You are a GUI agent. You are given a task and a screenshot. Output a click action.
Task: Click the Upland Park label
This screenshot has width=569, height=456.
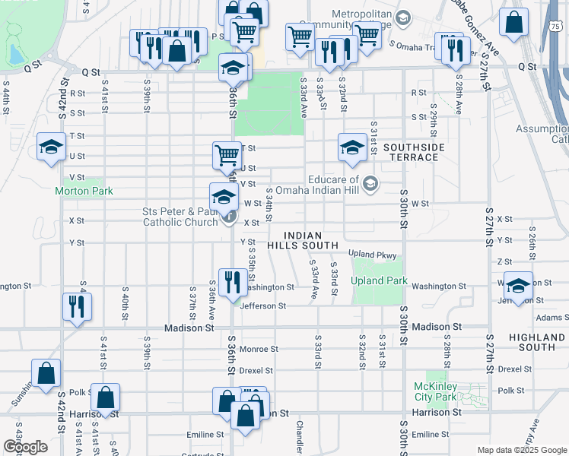pyautogui.click(x=379, y=280)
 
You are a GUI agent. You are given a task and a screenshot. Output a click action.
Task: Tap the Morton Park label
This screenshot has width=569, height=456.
pyautogui.click(x=84, y=191)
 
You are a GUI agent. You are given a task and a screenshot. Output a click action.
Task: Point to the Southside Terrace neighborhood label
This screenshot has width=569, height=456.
pyautogui.click(x=411, y=152)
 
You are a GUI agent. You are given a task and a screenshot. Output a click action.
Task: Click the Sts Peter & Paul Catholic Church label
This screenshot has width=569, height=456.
pyautogui.click(x=180, y=217)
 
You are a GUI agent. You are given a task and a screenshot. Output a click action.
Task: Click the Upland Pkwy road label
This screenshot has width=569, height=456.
pyautogui.click(x=374, y=253)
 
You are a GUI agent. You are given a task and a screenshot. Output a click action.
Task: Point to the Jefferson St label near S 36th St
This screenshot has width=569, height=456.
pyautogui.click(x=262, y=306)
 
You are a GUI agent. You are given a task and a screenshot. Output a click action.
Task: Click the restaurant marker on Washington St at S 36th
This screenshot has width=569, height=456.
pyautogui.click(x=230, y=282)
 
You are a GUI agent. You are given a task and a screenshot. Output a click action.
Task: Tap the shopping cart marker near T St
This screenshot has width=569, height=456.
pyautogui.click(x=227, y=154)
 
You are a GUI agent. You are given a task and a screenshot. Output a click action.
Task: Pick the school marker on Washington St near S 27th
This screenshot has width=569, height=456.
pyautogui.click(x=518, y=285)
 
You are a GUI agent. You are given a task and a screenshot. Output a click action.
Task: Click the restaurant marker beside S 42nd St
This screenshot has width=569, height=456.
pyautogui.click(x=77, y=306)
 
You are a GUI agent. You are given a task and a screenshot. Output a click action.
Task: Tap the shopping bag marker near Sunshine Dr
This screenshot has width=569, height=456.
pyautogui.click(x=46, y=372)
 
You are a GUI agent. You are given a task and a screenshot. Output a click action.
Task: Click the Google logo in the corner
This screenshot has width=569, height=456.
pyautogui.click(x=24, y=447)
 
